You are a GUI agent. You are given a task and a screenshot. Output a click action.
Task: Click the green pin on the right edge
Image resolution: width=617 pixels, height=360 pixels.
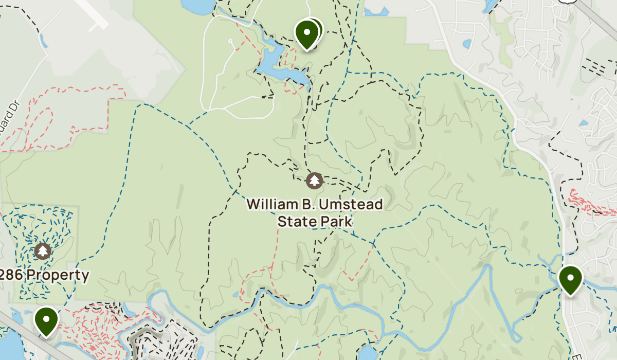(570, 279)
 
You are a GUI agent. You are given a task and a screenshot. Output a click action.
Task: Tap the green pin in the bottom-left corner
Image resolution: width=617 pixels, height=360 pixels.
(46, 320)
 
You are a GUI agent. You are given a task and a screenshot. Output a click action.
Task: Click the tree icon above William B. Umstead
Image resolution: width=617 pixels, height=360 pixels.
(314, 181)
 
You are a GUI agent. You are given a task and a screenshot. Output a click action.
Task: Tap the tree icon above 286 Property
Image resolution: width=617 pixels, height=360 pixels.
(43, 251)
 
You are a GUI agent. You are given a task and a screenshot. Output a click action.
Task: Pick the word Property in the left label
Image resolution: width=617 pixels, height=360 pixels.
(58, 275)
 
